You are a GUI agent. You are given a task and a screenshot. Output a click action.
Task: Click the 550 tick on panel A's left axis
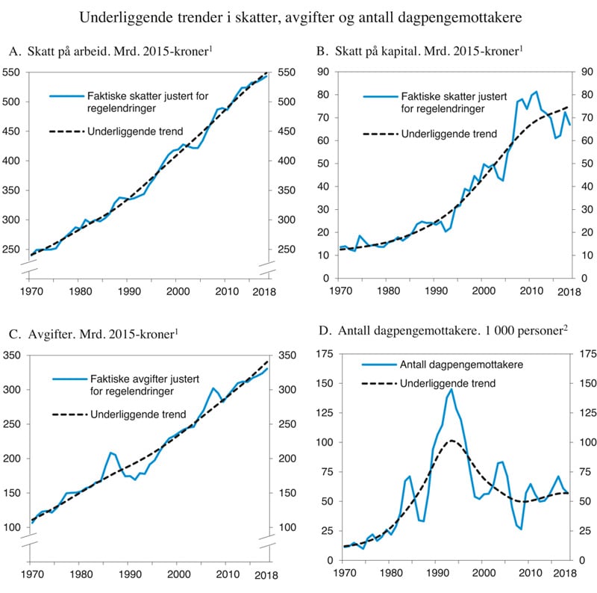[x=13, y=72]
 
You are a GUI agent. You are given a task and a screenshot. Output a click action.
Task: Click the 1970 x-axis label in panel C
[x=32, y=574]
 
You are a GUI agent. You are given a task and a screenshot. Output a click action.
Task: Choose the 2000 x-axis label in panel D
[x=484, y=574]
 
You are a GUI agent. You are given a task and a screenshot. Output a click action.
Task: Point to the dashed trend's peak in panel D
[x=451, y=441]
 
